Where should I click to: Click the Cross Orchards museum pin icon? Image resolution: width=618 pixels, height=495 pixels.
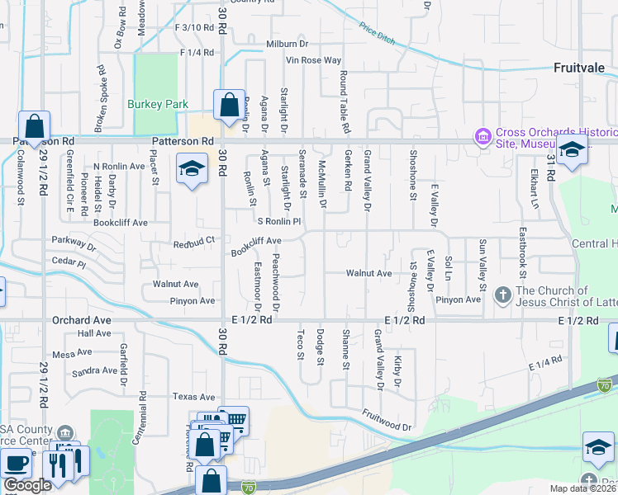[482, 135]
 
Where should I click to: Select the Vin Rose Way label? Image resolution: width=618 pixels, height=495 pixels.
[313, 60]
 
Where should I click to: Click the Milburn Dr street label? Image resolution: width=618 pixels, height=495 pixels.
[287, 44]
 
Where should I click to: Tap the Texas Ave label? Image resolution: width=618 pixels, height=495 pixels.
[194, 397]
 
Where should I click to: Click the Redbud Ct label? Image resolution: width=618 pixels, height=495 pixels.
[194, 243]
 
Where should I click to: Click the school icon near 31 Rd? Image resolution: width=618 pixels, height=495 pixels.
[571, 149]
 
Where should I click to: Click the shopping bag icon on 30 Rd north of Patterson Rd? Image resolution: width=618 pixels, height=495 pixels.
[229, 105]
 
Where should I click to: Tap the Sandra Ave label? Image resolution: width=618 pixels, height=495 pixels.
[94, 372]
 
